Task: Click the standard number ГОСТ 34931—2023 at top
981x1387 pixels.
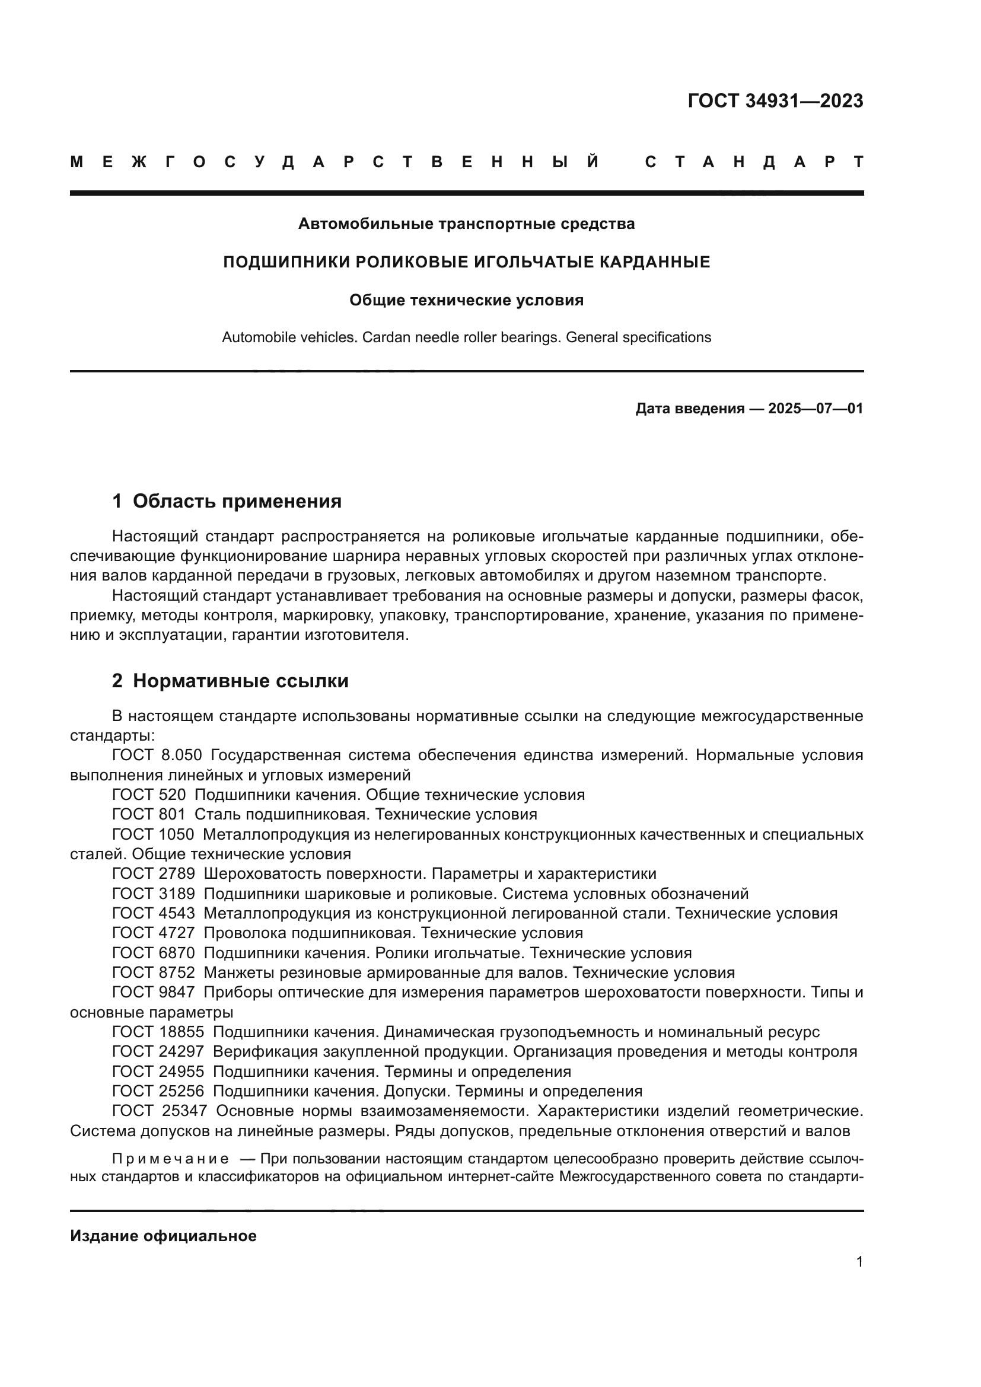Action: [x=775, y=101]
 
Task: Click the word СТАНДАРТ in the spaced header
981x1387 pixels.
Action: [x=754, y=162]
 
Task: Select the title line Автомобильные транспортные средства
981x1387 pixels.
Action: [x=466, y=224]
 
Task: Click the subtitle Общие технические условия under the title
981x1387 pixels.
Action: [x=466, y=300]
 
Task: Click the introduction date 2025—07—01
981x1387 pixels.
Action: [x=815, y=409]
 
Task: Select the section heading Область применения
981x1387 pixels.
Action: [x=236, y=501]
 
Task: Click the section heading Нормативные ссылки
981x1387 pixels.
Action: [x=240, y=681]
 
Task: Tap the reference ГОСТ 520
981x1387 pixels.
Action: [x=149, y=795]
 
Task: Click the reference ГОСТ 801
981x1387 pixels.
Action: [x=149, y=814]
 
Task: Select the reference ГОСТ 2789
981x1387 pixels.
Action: [x=154, y=873]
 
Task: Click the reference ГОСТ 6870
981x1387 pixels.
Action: [x=154, y=953]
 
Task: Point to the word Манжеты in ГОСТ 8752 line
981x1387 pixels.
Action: [x=236, y=973]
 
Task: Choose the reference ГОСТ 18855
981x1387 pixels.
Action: [x=158, y=1032]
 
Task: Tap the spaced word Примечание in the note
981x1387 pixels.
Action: [x=170, y=1159]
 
